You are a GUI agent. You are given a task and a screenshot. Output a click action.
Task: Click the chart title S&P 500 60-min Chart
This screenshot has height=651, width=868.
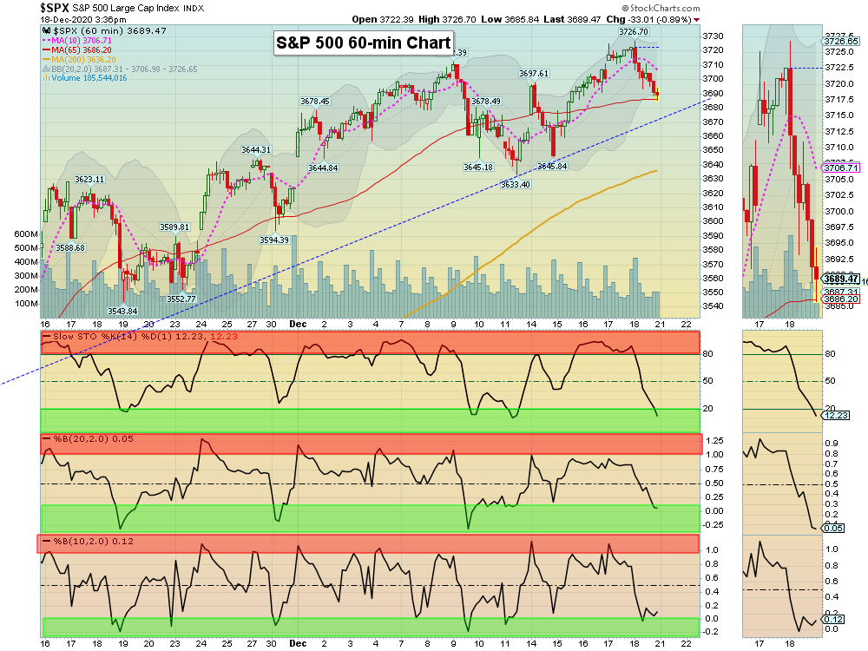[x=363, y=43]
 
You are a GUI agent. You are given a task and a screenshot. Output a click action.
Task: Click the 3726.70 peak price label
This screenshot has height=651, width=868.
[x=633, y=31]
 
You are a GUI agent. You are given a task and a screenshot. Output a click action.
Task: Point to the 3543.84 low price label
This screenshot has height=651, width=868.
[x=122, y=310]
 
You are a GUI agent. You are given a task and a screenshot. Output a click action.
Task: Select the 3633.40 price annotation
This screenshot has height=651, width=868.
[x=516, y=184]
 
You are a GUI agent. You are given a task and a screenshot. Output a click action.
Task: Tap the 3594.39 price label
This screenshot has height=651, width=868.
[x=273, y=240]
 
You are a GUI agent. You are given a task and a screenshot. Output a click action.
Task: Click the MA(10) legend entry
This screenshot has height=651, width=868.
[x=80, y=40]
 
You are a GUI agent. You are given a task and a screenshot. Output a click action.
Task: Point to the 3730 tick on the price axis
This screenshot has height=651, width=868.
[x=713, y=36]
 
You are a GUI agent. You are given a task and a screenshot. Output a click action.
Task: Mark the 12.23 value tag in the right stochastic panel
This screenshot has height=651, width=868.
[x=834, y=416]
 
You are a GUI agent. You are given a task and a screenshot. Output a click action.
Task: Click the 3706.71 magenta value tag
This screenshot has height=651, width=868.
[x=840, y=168]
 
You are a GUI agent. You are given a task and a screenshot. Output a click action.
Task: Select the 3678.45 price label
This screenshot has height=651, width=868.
[x=314, y=101]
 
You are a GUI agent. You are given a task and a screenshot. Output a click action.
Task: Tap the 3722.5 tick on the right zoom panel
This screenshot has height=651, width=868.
[x=840, y=68]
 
